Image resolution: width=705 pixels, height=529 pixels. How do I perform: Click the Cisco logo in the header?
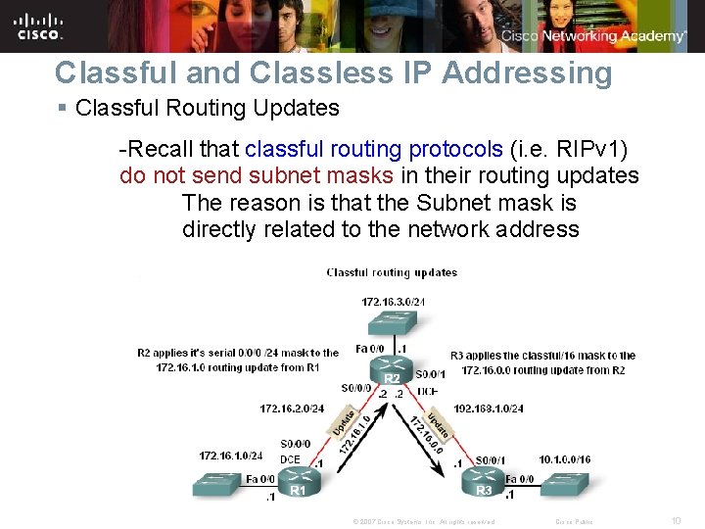tap(39, 25)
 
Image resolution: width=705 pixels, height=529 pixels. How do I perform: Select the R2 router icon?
tap(392, 371)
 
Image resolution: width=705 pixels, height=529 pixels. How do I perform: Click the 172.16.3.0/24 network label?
tap(393, 301)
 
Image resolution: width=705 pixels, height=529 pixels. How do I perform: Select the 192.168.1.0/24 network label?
tap(490, 408)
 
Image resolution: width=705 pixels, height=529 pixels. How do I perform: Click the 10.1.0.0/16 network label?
tap(565, 458)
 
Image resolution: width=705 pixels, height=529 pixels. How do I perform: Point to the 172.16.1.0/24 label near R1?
tap(231, 456)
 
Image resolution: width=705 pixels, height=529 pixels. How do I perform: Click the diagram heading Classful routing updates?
tap(392, 272)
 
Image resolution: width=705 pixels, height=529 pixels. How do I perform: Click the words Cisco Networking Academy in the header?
tap(593, 36)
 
